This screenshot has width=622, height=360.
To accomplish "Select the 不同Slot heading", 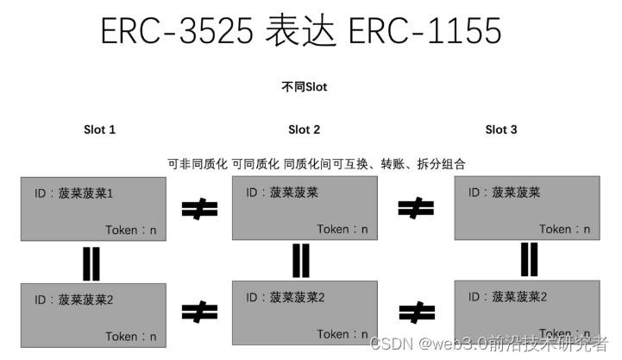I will (304, 87).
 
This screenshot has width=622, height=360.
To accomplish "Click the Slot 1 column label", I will (99, 129).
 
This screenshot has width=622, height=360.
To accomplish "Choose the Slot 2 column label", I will (304, 129).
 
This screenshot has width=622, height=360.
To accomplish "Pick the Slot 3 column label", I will (501, 129).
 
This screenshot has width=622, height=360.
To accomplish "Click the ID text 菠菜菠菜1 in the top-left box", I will (74, 194).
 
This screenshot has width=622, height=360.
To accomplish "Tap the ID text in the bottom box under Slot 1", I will (74, 300).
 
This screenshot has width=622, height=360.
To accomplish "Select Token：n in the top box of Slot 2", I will (342, 229).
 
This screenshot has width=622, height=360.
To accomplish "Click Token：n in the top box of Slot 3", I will (565, 229).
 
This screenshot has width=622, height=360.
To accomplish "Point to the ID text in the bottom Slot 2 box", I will (286, 297).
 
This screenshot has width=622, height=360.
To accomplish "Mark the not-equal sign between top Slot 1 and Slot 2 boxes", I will (199, 208).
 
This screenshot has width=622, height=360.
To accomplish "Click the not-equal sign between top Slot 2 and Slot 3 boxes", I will (415, 207).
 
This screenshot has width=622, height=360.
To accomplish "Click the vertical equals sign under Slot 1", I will (92, 262).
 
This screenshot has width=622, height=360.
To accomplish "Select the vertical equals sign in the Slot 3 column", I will (529, 259).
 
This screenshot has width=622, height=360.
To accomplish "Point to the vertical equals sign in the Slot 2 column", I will (301, 260).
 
